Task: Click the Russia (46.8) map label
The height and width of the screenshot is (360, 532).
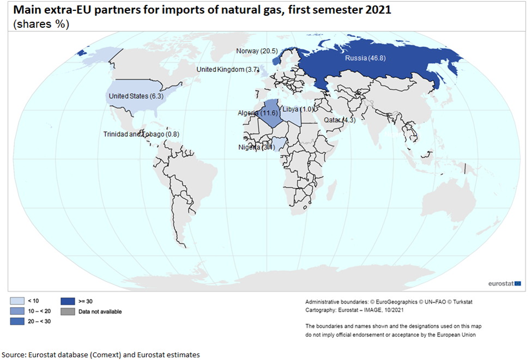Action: [x=365, y=58]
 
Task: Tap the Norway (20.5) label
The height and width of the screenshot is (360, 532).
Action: [x=257, y=51]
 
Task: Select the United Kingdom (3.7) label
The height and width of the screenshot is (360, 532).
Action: [x=228, y=70]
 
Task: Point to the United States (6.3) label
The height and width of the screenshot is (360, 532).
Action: [x=136, y=96]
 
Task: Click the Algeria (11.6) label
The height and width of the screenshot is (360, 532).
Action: [x=258, y=113]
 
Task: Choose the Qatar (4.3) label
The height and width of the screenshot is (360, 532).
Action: [x=339, y=120]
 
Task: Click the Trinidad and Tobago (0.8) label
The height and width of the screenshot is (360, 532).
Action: [x=141, y=134]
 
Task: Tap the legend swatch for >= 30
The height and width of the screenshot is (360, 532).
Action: [x=68, y=300]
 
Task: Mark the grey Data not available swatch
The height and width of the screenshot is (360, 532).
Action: [x=68, y=312]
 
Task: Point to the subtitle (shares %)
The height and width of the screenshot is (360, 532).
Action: [x=41, y=24]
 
